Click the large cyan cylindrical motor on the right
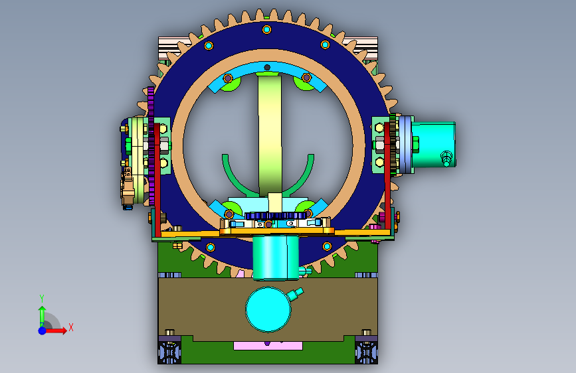tap(433, 145)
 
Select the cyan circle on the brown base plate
tap(268, 309)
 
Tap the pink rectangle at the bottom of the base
tap(268, 346)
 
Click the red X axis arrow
tap(56, 331)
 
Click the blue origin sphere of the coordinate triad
tap(43, 331)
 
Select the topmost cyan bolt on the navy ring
tap(266, 29)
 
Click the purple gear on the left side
tap(151, 145)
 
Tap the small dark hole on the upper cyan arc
tap(268, 67)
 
